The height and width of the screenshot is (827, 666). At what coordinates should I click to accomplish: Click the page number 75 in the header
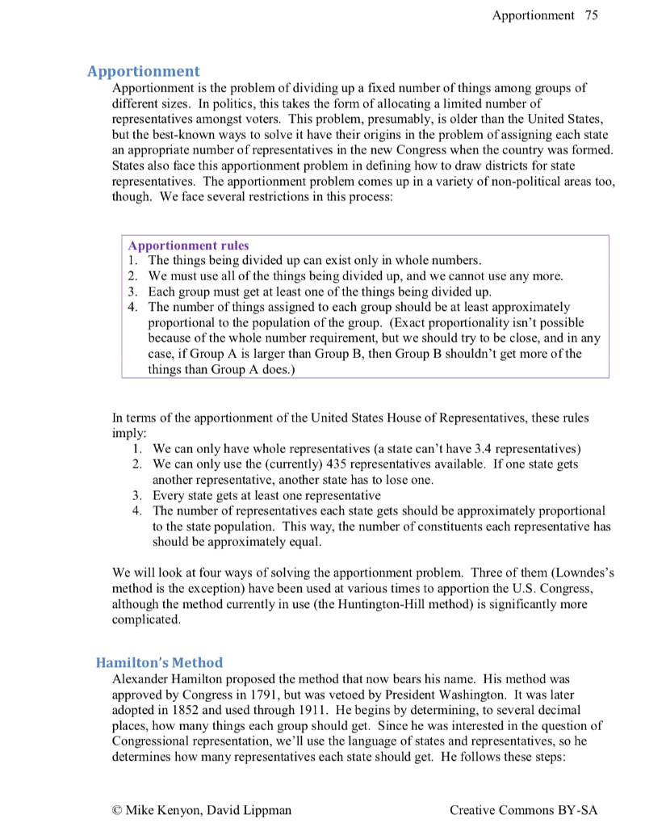point(592,15)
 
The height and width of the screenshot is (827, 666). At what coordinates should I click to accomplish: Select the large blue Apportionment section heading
point(144,71)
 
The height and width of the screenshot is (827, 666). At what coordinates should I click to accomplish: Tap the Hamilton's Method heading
point(159,663)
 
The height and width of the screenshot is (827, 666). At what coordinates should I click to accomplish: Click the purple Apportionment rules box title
point(189,246)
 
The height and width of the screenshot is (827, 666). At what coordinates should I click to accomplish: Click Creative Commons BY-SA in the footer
point(524,809)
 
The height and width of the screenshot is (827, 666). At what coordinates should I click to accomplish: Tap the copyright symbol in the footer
point(118,809)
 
